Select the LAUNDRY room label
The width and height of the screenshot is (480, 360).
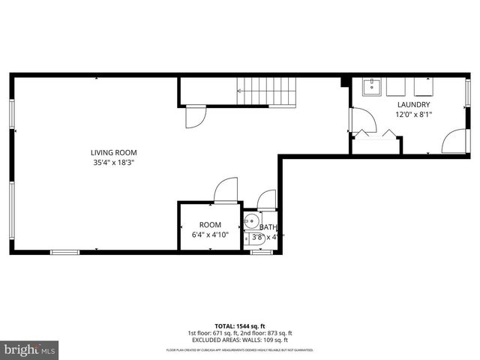click(x=413, y=104)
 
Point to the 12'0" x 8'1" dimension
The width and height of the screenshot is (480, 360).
click(x=413, y=115)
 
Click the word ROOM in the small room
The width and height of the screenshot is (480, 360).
click(x=210, y=225)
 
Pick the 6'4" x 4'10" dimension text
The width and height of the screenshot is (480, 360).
click(x=210, y=235)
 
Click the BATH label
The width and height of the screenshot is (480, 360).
click(x=268, y=227)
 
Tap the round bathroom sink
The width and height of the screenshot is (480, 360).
click(x=251, y=221)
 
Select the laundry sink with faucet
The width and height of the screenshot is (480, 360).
click(x=372, y=86)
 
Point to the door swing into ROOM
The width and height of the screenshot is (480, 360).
click(x=225, y=193)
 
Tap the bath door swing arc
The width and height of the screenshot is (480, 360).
click(x=266, y=200)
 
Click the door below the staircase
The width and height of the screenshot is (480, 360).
click(x=193, y=116)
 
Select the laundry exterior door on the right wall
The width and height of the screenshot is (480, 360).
click(x=454, y=142)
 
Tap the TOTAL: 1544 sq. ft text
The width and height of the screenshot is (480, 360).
click(x=239, y=326)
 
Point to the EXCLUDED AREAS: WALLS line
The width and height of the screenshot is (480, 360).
click(x=239, y=340)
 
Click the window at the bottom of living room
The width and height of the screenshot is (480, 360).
click(x=64, y=252)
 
